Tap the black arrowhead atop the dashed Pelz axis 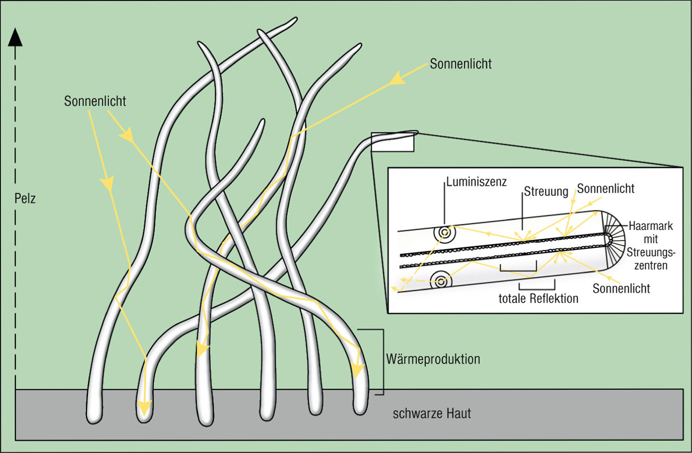(16, 37)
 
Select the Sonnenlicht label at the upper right (461, 64)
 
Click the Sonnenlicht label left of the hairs (95, 101)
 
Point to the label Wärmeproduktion (433, 360)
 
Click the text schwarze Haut (432, 413)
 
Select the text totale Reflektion (539, 298)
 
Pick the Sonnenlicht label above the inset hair (606, 188)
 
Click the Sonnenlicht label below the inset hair (621, 288)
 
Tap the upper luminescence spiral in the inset (442, 232)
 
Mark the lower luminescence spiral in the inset (439, 280)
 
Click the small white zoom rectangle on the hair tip (392, 142)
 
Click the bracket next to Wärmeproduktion (378, 362)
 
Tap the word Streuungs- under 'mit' (649, 256)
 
